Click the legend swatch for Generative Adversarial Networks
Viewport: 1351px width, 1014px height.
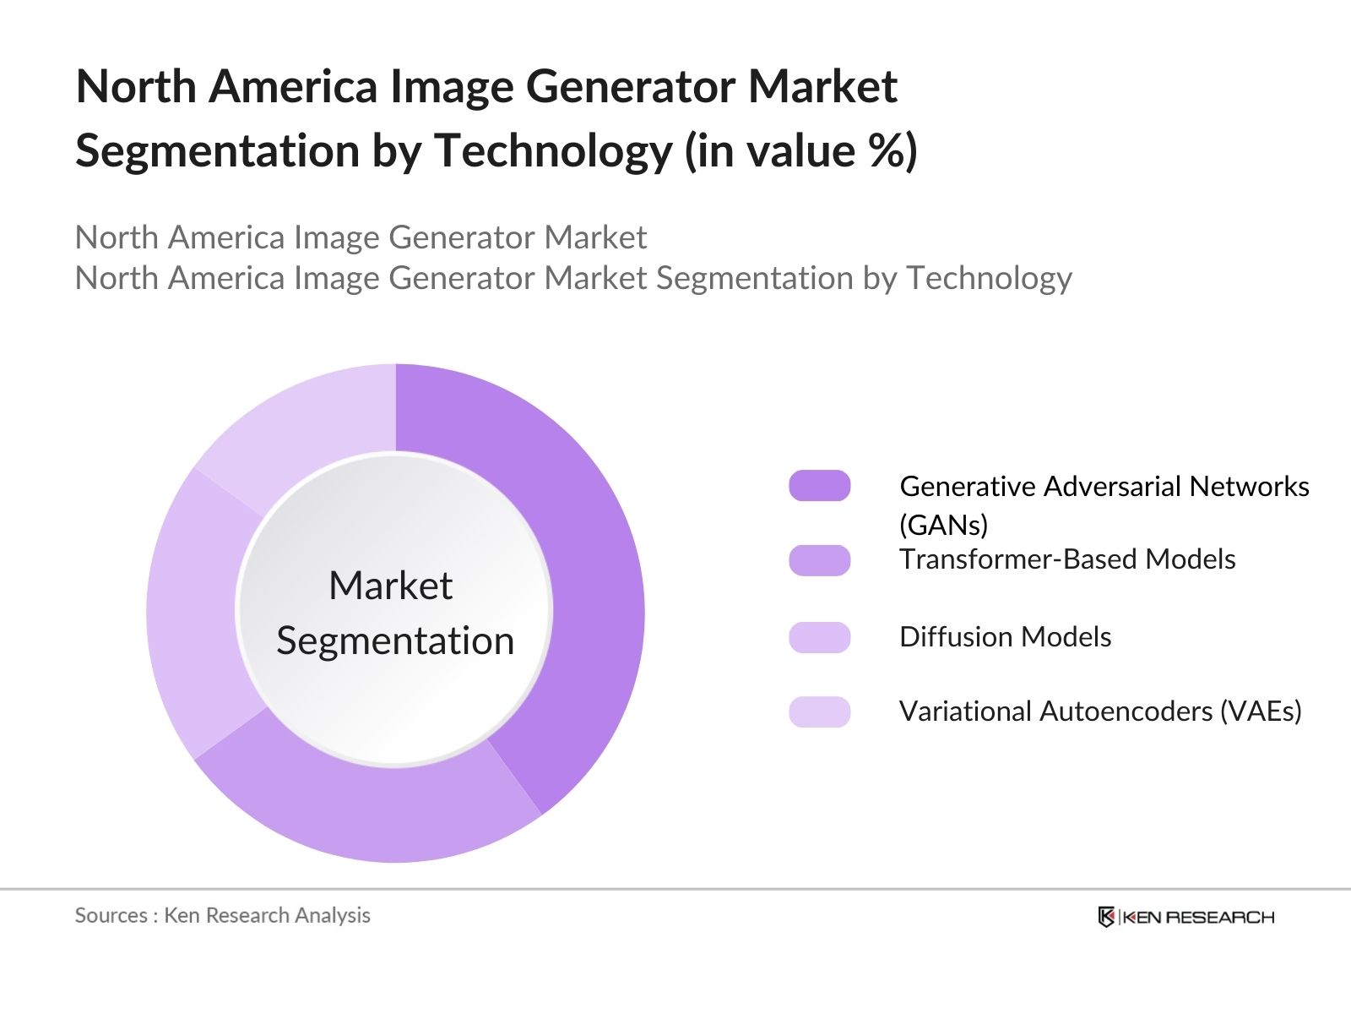[819, 486]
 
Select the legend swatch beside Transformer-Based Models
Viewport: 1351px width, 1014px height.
[819, 560]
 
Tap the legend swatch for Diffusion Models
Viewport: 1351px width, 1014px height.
[819, 637]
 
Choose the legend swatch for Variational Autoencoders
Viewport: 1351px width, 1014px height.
[819, 711]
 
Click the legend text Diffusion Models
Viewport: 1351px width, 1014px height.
[1005, 637]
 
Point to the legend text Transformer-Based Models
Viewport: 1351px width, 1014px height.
[1067, 559]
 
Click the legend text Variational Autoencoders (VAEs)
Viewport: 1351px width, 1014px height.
[1100, 711]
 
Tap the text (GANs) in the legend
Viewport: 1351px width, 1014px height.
[943, 525]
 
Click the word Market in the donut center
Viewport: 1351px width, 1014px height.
[390, 586]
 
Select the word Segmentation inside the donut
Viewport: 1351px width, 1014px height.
[395, 641]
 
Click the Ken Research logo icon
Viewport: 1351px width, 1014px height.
[1106, 917]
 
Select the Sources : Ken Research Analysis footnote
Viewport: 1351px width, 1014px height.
[222, 915]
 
